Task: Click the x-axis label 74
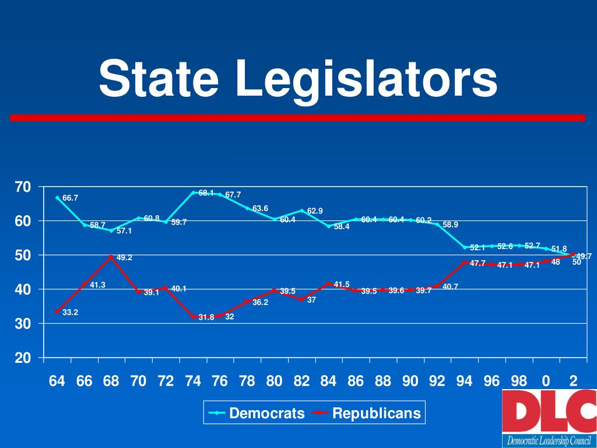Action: coord(193,381)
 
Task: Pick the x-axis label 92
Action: coord(437,381)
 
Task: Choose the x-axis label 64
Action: coord(57,381)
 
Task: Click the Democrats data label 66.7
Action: coord(71,198)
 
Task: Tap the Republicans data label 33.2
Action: coord(71,313)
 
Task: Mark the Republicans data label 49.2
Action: coord(124,257)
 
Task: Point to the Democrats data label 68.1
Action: coord(206,193)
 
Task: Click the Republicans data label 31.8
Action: coord(206,318)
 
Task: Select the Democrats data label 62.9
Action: coord(315,211)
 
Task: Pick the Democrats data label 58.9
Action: coord(450,225)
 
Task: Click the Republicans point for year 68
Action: coord(111,256)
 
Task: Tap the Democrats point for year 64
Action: coord(57,198)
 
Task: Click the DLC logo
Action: coord(549,417)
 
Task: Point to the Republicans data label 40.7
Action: coord(450,286)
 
